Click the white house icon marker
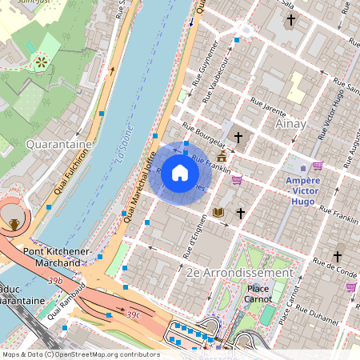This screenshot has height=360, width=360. coord(180,173)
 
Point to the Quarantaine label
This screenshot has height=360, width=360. coord(55,144)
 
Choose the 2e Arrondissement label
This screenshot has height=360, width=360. coord(239,272)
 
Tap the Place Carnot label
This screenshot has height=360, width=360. coord(259,294)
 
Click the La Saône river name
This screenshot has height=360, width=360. coord(124,149)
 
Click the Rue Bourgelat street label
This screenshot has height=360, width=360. coord(201,129)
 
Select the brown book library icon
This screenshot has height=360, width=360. coord(218,213)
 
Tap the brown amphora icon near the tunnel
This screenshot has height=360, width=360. coord(14,223)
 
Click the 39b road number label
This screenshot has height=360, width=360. coord(54,281)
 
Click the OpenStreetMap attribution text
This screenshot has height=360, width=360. coord(80,354)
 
